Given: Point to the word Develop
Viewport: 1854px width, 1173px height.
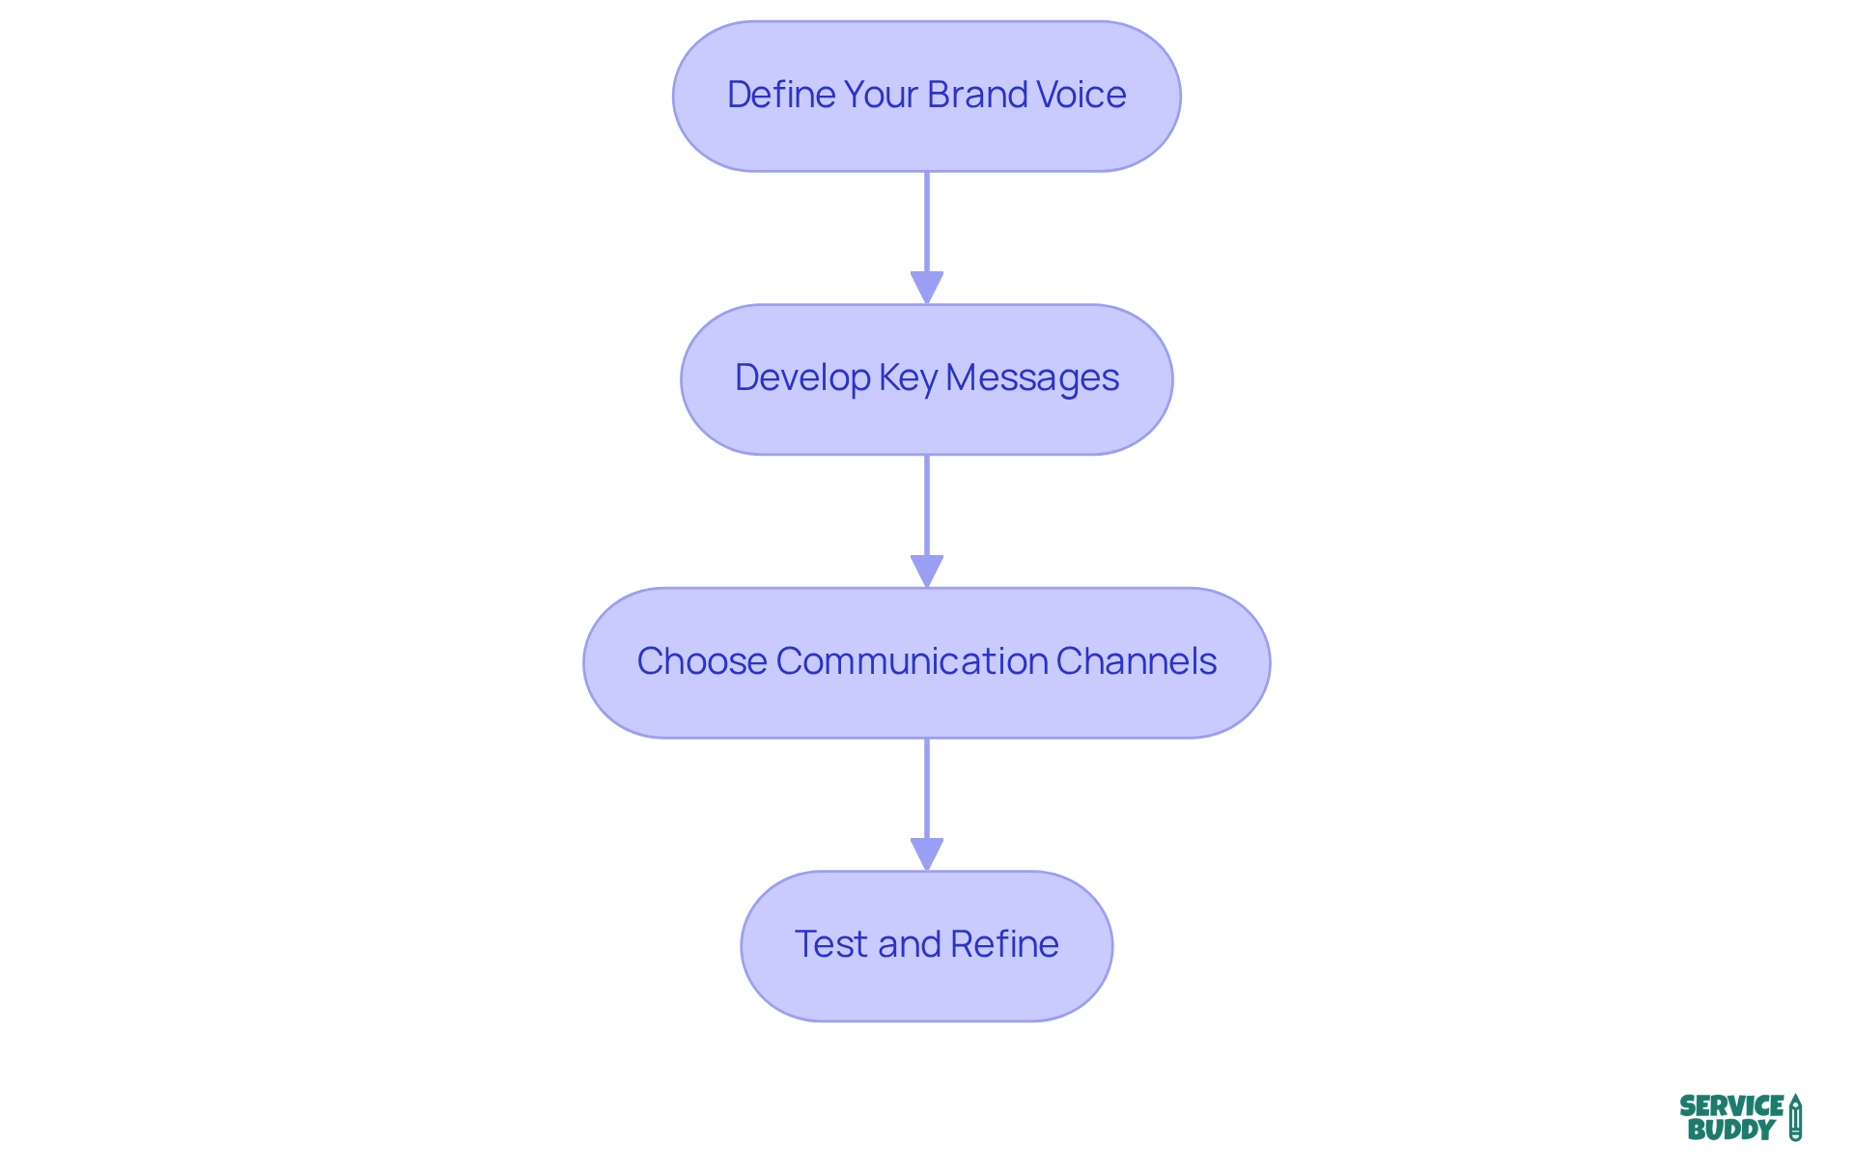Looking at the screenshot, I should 801,378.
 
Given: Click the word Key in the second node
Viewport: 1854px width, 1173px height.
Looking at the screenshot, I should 908,378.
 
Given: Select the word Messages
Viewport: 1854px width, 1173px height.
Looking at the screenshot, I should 1032,378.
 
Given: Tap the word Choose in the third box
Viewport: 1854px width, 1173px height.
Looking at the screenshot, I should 701,661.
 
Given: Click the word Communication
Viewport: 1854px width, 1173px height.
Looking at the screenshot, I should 912,661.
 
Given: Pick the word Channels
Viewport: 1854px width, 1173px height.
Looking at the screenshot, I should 1136,661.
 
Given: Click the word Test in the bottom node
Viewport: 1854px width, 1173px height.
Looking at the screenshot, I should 830,944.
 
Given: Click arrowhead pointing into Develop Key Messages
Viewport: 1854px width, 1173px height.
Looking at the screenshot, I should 927,287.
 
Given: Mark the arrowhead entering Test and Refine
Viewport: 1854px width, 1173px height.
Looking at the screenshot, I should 927,853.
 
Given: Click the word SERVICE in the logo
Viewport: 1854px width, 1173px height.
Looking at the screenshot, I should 1731,1105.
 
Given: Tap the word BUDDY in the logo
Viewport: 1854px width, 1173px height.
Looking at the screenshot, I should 1730,1130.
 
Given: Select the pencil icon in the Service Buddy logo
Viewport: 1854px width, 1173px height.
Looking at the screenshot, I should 1795,1117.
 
